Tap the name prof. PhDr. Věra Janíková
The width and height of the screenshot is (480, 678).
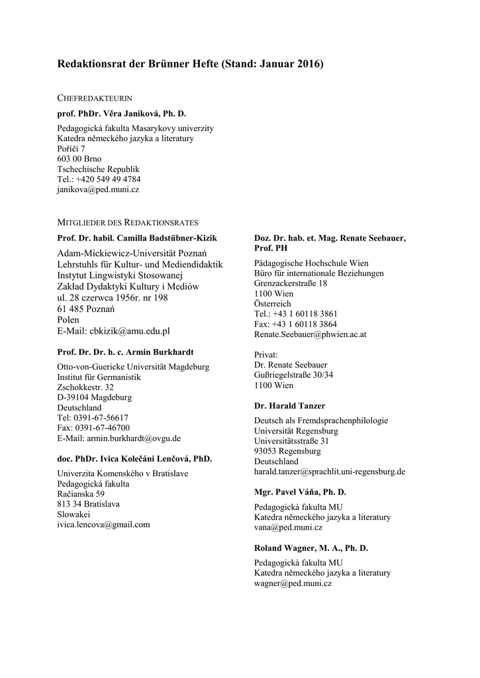[122, 114]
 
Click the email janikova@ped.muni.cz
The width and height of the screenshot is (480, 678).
[98, 189]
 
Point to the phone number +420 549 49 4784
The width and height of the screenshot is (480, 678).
[107, 179]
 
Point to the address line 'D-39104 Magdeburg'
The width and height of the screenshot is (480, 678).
[95, 397]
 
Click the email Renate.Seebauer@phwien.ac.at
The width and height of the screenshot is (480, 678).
[310, 334]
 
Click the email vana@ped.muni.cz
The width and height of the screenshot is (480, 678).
[288, 528]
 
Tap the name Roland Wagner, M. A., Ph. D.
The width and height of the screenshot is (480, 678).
[311, 548]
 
